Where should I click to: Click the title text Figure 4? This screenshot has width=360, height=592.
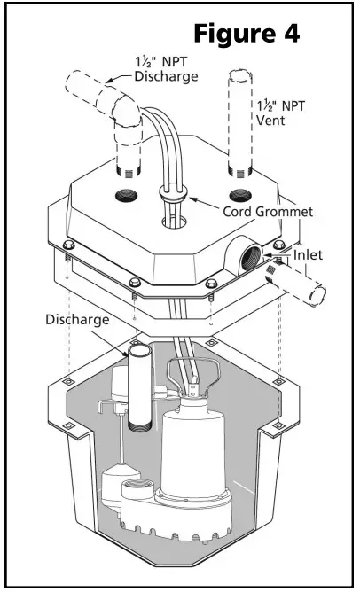pyautogui.click(x=247, y=34)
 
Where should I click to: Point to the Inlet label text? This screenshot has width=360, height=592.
pyautogui.click(x=310, y=255)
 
